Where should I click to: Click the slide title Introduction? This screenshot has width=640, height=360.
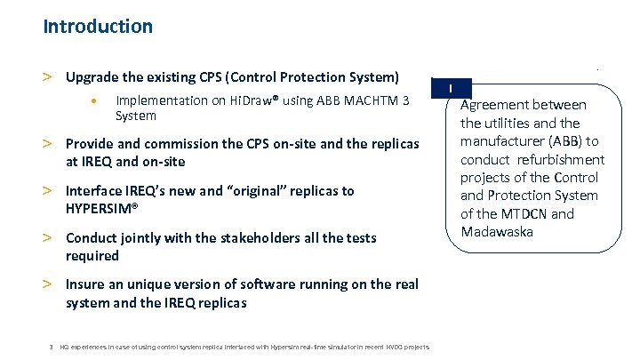coord(98,27)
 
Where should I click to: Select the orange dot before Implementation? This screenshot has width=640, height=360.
coord(95,100)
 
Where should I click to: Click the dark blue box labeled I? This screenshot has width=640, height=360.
coord(452,89)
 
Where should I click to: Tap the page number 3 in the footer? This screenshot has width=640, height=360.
coord(52,346)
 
